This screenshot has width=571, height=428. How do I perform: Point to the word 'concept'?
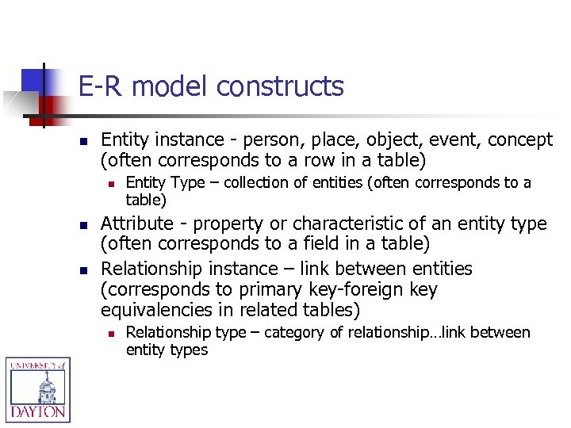[519, 140]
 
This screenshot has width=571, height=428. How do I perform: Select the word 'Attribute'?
[138, 224]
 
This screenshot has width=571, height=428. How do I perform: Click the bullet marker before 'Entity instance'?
[82, 140]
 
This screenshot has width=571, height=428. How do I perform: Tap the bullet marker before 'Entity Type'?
[112, 184]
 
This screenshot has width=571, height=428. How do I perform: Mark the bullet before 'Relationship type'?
[112, 333]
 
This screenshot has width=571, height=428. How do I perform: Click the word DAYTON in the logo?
[38, 412]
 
